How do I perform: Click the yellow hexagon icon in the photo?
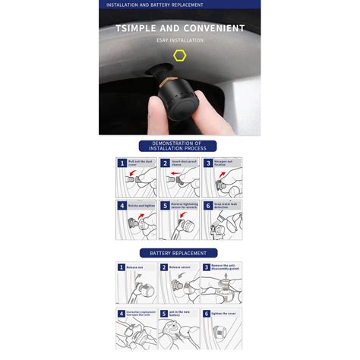tap(179, 55)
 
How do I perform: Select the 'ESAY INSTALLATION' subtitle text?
tap(180, 39)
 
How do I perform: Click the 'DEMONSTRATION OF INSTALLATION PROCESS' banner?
tap(179, 146)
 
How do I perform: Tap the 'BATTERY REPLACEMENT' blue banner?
tap(179, 253)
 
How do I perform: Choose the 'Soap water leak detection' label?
tap(226, 205)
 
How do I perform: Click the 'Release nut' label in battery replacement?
tap(136, 267)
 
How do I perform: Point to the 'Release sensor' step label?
tap(179, 267)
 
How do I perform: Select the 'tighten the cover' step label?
tap(224, 312)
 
